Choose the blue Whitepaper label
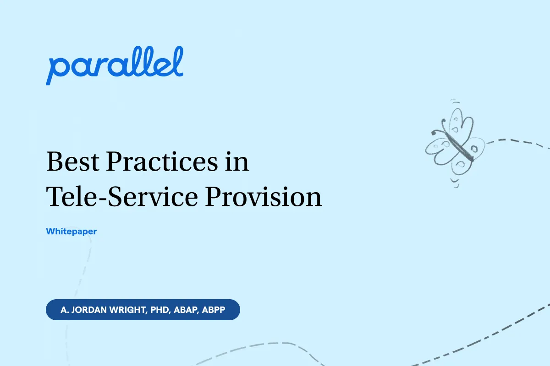tap(71, 231)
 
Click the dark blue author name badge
tap(143, 310)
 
